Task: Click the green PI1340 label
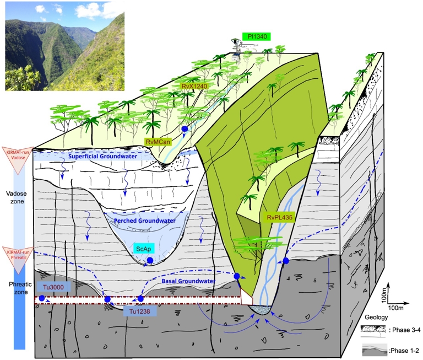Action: coord(256,36)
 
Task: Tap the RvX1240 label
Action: coord(194,87)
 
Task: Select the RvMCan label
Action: coord(158,142)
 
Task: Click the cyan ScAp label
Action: coord(144,249)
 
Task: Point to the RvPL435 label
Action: coord(280,217)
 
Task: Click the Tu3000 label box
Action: coord(53,287)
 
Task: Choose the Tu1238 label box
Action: coord(139,311)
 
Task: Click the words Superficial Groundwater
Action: coord(102,157)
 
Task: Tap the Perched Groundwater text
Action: coord(145,221)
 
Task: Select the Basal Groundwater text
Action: coord(188,281)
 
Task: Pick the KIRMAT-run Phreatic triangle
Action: coord(18,260)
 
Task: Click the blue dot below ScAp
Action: coord(150,260)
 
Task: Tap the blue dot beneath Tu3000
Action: coord(41,298)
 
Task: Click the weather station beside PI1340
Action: coord(237,50)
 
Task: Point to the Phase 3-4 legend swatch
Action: coord(373,330)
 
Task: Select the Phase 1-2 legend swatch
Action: coord(375,350)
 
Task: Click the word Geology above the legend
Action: coord(376,317)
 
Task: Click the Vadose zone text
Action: coord(17,197)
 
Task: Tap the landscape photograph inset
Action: coord(65,46)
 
